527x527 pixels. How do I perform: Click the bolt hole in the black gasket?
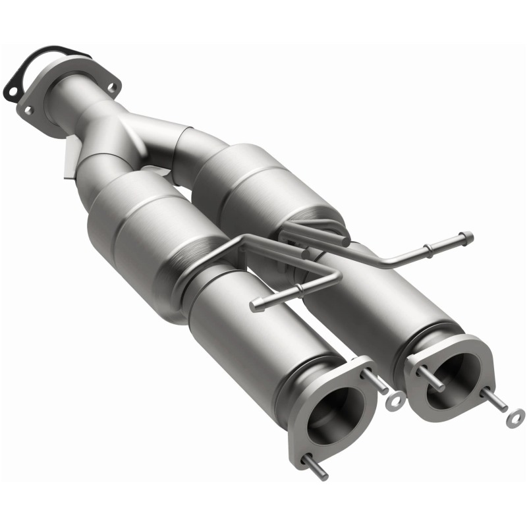[11, 85]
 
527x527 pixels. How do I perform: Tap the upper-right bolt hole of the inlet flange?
[112, 86]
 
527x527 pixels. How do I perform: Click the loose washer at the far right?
[516, 416]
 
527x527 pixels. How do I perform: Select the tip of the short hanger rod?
[256, 306]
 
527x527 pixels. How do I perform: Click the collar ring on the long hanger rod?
[430, 249]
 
